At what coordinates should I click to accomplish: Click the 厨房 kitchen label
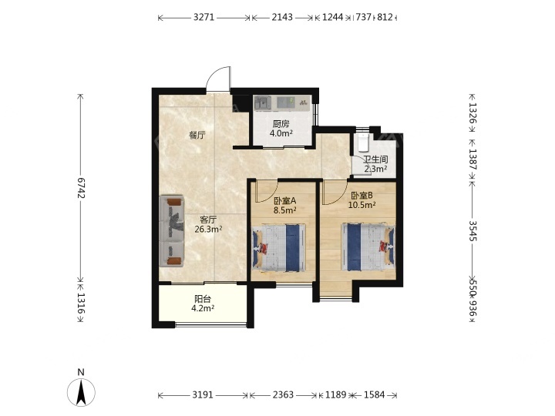point(281,124)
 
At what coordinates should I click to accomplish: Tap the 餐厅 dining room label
point(197,135)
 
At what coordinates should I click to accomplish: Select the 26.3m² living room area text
point(208,230)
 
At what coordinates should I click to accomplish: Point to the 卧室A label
point(285,201)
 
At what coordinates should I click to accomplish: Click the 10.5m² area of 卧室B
point(362,205)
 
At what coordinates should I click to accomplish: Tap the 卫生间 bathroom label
point(375,159)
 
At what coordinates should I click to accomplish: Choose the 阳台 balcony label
point(203,299)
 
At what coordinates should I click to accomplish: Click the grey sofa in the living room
point(172,230)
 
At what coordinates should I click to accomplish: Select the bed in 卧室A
point(279,247)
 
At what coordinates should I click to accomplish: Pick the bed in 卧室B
point(368,247)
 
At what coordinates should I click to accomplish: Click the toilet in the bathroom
point(363,142)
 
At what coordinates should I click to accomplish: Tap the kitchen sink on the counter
point(263,103)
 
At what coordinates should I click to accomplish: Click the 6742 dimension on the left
point(81,188)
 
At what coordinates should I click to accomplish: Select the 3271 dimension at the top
point(203,17)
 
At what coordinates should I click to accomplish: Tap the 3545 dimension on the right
point(473,231)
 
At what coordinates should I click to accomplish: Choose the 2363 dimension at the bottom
point(283,394)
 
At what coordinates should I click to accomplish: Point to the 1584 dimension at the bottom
point(375,394)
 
